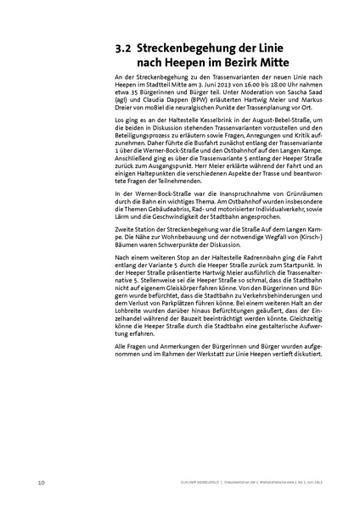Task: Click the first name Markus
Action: tap(306, 99)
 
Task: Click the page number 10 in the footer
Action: tap(42, 483)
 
